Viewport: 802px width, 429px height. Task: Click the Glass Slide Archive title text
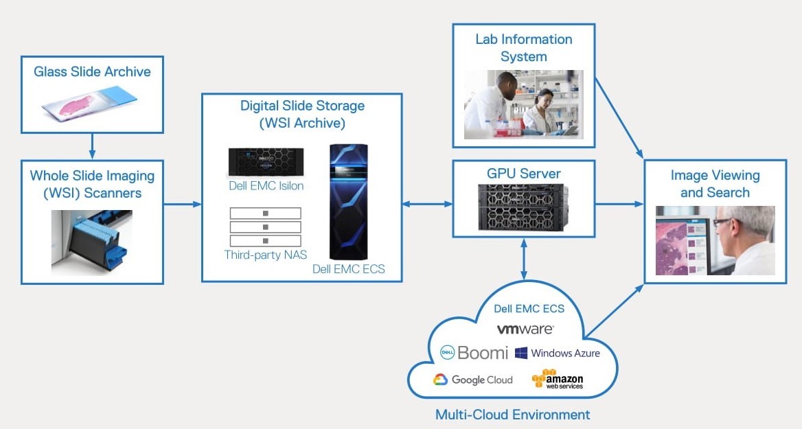point(92,71)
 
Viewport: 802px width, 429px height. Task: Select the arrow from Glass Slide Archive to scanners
point(92,146)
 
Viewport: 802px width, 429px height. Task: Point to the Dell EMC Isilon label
point(266,185)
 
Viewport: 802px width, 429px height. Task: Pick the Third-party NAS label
point(265,255)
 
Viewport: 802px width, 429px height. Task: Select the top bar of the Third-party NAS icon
point(265,213)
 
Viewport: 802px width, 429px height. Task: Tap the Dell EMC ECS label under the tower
point(348,269)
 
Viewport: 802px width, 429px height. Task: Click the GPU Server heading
point(523,174)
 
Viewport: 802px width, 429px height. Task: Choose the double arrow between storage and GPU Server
point(427,204)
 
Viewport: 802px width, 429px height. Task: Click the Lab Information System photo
point(523,104)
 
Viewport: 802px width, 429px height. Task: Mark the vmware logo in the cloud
point(525,329)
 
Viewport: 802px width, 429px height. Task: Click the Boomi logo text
point(482,353)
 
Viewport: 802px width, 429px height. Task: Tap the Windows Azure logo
point(557,353)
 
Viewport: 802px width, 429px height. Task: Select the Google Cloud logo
point(472,380)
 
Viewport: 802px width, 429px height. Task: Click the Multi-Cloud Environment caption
point(512,415)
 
